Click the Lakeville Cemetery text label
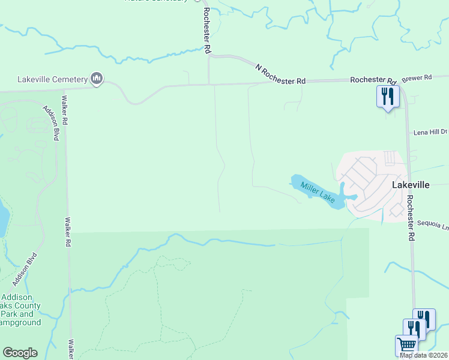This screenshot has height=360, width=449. point(52,79)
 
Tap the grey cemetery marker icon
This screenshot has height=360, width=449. point(97,78)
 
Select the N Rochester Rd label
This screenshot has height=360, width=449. point(280,74)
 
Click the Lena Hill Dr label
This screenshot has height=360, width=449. point(430,131)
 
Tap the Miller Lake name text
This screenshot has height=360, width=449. point(318,192)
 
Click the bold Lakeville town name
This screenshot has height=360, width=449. point(411,185)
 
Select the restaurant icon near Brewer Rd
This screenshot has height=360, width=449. point(387,96)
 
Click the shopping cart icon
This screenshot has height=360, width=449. point(406,346)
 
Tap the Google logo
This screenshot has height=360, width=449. point(20,353)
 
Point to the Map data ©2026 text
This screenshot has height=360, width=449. point(424,355)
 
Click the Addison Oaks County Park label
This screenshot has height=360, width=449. point(20,310)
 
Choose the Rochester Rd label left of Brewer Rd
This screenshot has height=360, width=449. point(373,79)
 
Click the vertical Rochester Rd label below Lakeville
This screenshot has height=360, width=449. point(411,218)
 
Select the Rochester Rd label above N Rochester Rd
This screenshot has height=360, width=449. point(206,30)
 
